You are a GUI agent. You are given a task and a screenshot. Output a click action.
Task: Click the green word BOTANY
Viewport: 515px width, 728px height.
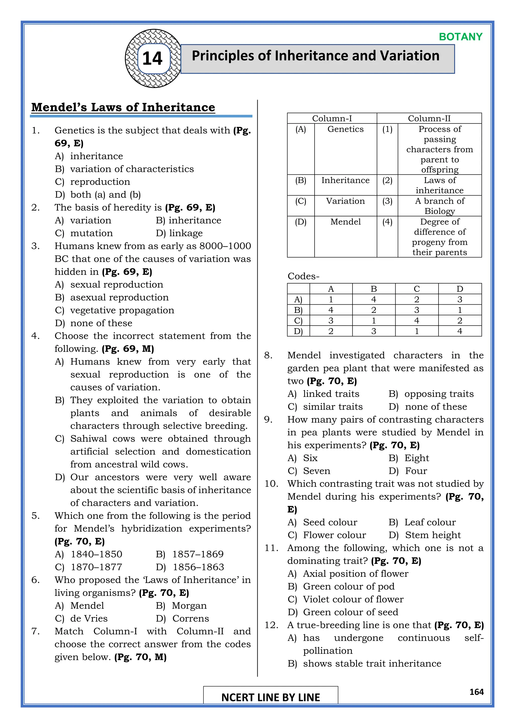(x=460, y=37)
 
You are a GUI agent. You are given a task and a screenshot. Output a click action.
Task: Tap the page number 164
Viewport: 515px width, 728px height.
(x=476, y=692)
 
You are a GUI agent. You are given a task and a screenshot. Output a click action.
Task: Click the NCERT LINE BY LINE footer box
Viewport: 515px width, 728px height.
(x=271, y=697)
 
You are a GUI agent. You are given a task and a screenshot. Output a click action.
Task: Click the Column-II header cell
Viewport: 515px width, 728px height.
(x=429, y=118)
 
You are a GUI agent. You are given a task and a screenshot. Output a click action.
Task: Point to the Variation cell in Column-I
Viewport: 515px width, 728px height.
(x=345, y=201)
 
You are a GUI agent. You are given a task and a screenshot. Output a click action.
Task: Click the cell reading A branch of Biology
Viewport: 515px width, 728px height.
(x=440, y=206)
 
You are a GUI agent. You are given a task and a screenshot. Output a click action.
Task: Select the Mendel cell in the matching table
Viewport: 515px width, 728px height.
(x=345, y=222)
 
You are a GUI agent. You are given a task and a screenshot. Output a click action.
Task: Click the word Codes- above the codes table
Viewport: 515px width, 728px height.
(x=303, y=276)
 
